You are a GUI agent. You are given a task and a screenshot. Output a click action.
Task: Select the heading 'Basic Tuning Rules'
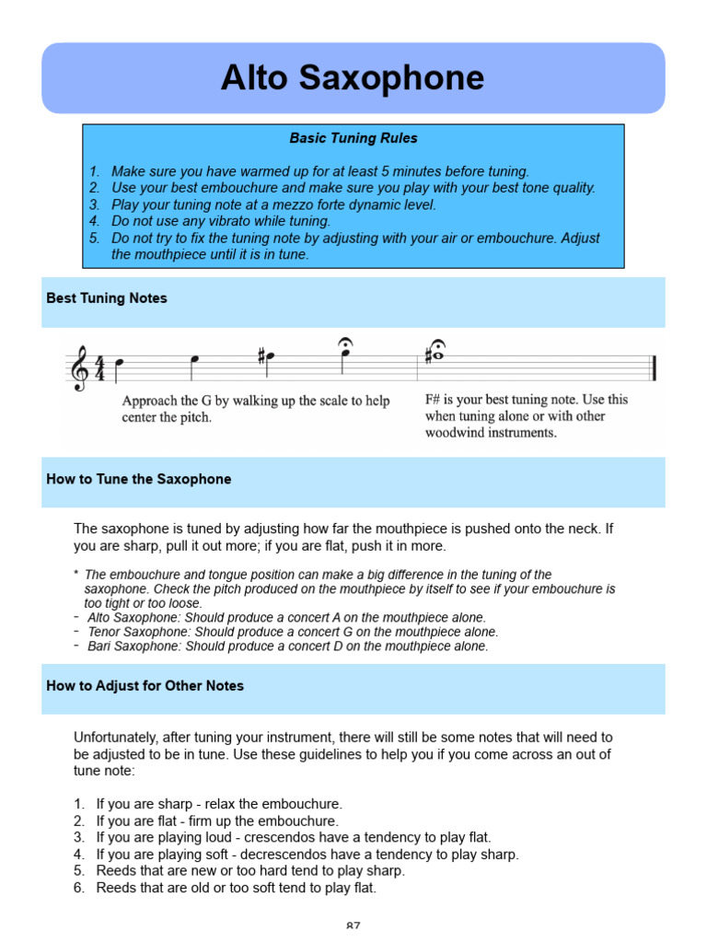coord(353,138)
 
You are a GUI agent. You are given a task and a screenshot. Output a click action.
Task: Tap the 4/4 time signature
coord(99,367)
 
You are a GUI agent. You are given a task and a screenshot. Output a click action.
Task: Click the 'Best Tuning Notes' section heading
coord(107,298)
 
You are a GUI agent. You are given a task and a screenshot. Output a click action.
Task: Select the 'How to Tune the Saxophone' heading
coord(138,479)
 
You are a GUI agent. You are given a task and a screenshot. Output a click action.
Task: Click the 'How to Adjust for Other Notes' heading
coord(145,686)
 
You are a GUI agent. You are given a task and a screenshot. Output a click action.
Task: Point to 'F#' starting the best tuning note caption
coord(435,400)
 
